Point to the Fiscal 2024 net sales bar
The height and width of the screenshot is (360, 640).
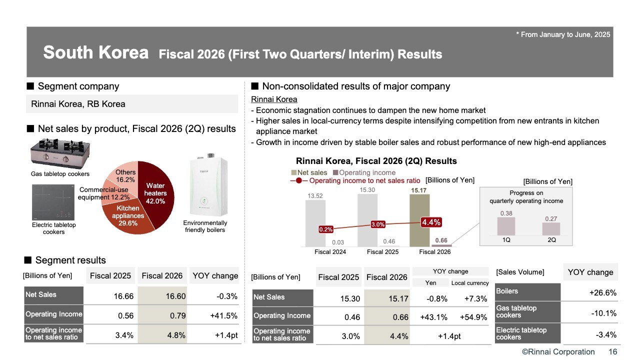[x=315, y=223]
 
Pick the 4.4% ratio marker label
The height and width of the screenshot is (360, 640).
[x=430, y=222]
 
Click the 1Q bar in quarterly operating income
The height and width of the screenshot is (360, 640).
[x=506, y=226]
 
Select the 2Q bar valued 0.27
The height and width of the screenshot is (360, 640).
[x=551, y=228]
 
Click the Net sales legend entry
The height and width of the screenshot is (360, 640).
[x=309, y=172]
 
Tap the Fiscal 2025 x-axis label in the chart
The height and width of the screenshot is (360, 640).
[x=382, y=252]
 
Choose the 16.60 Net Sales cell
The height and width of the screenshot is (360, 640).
[x=162, y=296]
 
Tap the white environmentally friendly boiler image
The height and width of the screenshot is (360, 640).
[x=204, y=187]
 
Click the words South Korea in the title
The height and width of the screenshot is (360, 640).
[x=95, y=52]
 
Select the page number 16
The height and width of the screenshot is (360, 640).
[x=612, y=352]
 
